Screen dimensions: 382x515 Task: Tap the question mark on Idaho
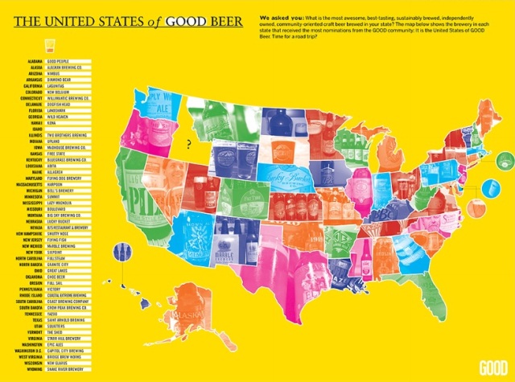point(188,145)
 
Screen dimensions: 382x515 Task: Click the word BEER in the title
point(217,21)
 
